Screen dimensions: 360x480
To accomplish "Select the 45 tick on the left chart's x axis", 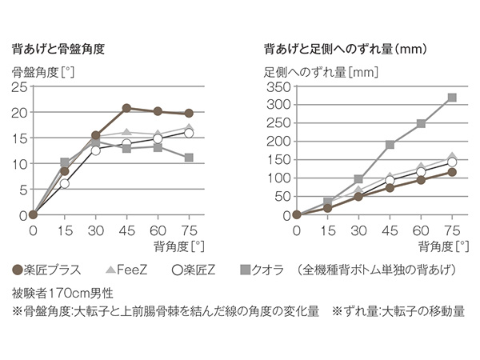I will tap(126, 230).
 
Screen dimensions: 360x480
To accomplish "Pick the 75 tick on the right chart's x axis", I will tap(452, 230).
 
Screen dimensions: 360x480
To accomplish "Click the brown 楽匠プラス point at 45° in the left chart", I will tap(126, 108).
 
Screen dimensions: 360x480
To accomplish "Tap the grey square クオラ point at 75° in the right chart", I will tap(452, 98).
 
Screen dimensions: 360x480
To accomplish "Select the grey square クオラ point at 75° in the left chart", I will tap(189, 158).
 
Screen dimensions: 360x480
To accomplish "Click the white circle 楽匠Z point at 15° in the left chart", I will tap(65, 183).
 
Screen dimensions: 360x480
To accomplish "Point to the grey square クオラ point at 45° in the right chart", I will tap(390, 145).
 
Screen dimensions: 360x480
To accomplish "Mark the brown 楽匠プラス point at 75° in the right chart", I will tap(452, 172).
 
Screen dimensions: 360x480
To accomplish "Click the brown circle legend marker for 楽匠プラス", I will tap(18, 270).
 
